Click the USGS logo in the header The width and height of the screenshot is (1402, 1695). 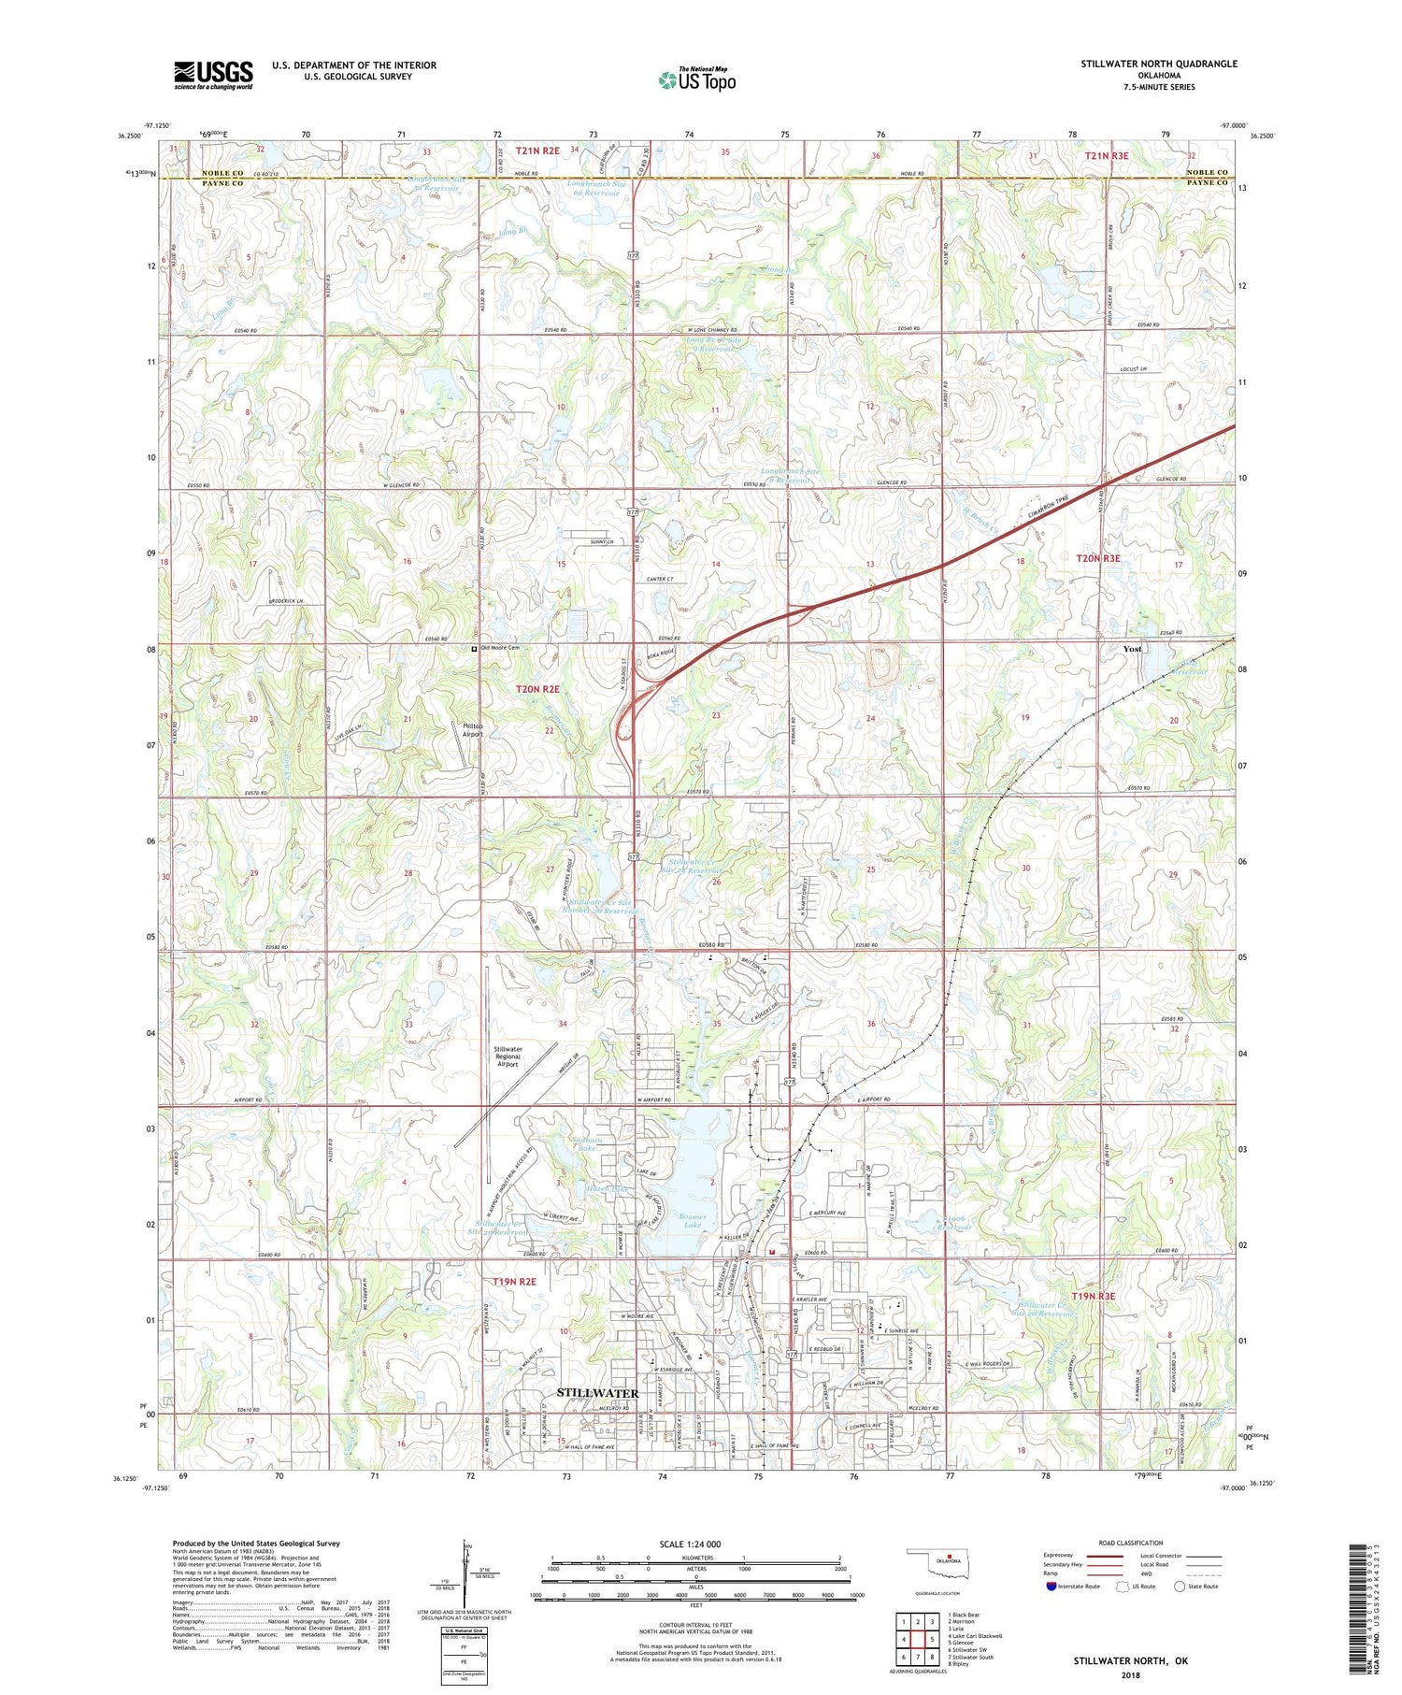coord(213,75)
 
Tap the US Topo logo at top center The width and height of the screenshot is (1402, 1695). coord(697,79)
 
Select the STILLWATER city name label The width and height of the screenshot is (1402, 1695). coord(597,1393)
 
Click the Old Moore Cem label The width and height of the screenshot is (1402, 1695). coord(498,648)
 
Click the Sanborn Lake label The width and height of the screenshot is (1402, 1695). coord(587,1142)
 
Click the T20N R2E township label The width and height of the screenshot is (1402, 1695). coord(537,689)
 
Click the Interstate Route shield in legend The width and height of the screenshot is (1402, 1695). coord(1051,1587)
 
